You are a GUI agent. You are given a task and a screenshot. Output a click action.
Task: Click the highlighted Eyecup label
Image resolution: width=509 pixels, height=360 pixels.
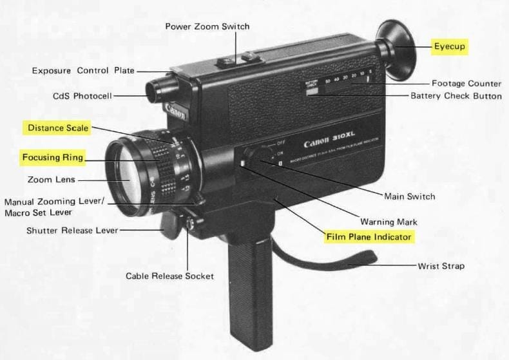[x=449, y=46]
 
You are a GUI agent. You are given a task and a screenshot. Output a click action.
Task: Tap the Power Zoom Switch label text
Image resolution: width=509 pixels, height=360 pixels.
[x=207, y=26]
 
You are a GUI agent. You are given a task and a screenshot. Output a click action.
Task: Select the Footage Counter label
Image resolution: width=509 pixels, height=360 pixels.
[x=466, y=83]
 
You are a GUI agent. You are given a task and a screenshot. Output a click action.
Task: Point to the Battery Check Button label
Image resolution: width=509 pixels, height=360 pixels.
[x=456, y=96]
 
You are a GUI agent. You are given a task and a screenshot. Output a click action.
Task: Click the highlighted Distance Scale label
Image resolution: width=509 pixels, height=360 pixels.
[x=57, y=128]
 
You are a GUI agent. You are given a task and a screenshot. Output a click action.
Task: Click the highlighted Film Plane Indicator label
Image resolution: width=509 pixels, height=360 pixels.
[x=369, y=237]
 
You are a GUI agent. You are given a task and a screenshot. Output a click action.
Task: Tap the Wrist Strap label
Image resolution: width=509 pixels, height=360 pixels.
[x=441, y=265]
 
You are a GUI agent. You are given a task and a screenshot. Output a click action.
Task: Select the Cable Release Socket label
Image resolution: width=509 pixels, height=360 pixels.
[x=169, y=276]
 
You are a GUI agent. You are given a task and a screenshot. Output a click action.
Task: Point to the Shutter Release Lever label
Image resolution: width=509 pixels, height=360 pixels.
[x=72, y=230]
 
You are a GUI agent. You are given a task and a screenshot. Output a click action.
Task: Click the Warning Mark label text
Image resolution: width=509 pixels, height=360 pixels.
[x=386, y=221]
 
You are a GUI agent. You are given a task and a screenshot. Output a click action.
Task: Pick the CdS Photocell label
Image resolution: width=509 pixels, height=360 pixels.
[x=82, y=96]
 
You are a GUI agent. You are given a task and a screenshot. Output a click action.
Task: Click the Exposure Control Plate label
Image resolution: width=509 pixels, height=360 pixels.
[x=83, y=70]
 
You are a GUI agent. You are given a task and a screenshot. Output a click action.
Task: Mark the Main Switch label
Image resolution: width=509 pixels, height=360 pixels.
[x=409, y=196]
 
